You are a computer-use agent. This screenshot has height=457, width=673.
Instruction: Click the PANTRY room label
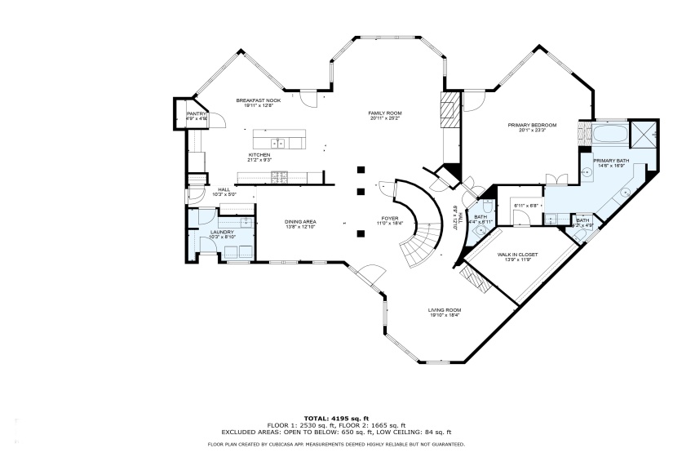pos(197,113)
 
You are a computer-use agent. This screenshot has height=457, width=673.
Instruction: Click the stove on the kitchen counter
pos(279,175)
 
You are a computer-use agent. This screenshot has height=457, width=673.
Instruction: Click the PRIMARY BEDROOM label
pos(531,125)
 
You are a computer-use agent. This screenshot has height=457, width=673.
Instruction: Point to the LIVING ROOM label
pos(445,309)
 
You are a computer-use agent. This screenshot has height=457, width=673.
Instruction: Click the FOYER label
pos(390,218)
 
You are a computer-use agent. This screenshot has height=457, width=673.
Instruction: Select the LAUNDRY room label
pos(222,232)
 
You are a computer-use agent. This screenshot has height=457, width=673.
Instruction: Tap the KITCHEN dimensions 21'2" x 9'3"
pos(259,160)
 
